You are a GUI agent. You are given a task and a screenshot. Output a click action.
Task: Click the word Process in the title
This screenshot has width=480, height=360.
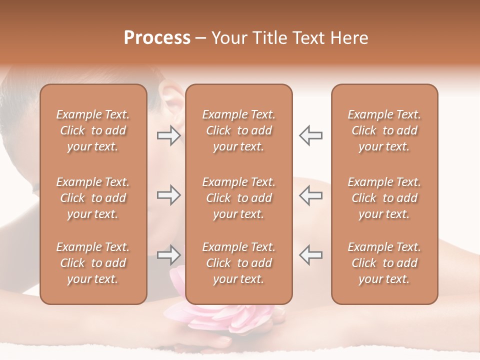coord(157,38)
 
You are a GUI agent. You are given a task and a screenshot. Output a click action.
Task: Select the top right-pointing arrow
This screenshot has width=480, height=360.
coord(168,135)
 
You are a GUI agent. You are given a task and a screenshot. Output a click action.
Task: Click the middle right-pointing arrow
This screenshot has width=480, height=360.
coord(168,195)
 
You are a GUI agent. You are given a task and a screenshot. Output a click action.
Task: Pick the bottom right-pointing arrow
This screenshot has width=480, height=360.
coord(168,255)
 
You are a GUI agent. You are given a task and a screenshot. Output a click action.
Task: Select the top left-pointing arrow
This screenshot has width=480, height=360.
coord(310,135)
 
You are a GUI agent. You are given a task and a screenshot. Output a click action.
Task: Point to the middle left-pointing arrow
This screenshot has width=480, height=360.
coord(310,195)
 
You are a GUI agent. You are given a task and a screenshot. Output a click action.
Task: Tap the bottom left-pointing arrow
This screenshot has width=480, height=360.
coord(310,255)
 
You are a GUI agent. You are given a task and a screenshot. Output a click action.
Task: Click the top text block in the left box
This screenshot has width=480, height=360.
coord(93,130)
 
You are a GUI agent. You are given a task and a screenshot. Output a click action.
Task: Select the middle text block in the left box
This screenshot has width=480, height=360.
coord(93,198)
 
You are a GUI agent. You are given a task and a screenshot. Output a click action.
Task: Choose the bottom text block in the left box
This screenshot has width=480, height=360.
coord(93,263)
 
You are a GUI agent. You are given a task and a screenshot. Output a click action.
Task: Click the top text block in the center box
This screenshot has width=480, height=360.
coord(238,130)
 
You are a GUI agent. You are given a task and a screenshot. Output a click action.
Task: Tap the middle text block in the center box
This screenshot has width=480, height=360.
coord(238,198)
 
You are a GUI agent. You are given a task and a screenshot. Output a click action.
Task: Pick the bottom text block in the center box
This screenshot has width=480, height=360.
coord(238,263)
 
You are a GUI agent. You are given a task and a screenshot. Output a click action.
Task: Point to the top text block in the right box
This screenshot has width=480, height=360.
coord(384,130)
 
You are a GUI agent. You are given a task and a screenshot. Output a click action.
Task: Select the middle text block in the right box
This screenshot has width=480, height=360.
coord(384,198)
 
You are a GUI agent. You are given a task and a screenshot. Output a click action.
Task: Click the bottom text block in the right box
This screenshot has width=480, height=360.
coord(384,263)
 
